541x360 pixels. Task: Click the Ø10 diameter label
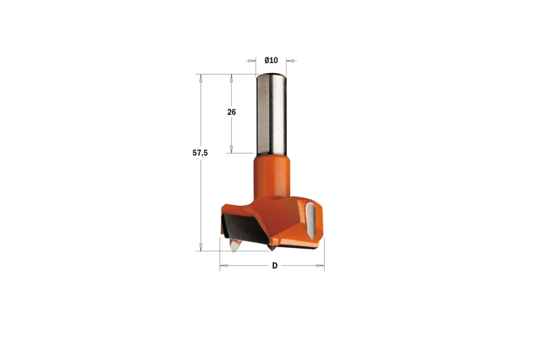[x=271, y=60]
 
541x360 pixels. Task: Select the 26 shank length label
[x=232, y=112]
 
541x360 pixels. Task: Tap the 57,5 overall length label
[x=200, y=153]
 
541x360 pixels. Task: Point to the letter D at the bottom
[x=274, y=266]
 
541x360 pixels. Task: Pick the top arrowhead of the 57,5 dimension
[x=200, y=78]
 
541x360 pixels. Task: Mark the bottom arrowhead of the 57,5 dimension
[x=200, y=247]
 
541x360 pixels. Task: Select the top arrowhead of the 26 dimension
[x=232, y=78]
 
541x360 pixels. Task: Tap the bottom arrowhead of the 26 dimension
[x=232, y=149]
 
